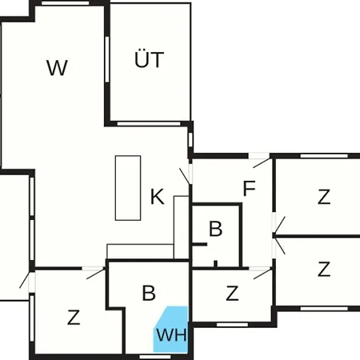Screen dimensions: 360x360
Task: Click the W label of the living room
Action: pos(57,68)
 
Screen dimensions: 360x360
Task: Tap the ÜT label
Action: pos(149,59)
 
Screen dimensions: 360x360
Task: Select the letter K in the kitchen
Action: pos(158,197)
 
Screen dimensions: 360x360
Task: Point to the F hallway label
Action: pos(250,188)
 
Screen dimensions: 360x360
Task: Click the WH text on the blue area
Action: pos(171,334)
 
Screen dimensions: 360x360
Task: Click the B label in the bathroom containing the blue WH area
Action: pos(149,293)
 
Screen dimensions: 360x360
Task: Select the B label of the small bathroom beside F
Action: pos(215,229)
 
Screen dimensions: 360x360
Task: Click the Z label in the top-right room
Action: pos(324,197)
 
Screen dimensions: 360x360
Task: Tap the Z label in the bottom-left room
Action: pos(74,318)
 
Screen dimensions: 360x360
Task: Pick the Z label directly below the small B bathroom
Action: pos(232,293)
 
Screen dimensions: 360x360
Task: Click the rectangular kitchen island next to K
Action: pos(128,188)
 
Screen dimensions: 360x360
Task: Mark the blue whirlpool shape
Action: pos(170,329)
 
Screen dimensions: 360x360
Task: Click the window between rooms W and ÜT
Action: pos(107,59)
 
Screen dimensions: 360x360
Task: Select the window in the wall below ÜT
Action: pos(149,124)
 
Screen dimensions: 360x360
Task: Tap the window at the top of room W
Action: pos(66,3)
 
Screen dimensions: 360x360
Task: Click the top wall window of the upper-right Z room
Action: pos(324,156)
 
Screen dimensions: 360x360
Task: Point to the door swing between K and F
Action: pos(185,176)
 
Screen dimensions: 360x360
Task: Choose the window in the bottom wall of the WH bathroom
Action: pos(155,357)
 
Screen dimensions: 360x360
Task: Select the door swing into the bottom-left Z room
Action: pos(96,274)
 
